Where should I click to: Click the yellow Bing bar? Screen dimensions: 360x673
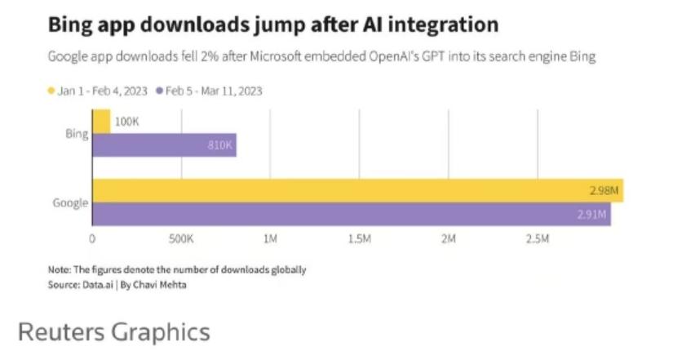coord(101,122)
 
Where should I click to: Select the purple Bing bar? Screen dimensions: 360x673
coord(163,145)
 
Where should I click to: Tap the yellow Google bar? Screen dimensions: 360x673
coord(357,190)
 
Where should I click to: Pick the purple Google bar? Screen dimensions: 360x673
coord(351,214)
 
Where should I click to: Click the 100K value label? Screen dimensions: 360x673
coord(128,122)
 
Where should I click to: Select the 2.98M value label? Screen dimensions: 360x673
coord(604,191)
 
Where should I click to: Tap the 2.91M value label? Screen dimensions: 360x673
coord(591,215)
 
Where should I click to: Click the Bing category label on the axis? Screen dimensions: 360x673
coord(76,133)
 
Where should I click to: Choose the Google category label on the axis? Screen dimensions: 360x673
coord(70,202)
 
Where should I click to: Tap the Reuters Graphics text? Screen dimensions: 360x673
coord(113,332)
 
